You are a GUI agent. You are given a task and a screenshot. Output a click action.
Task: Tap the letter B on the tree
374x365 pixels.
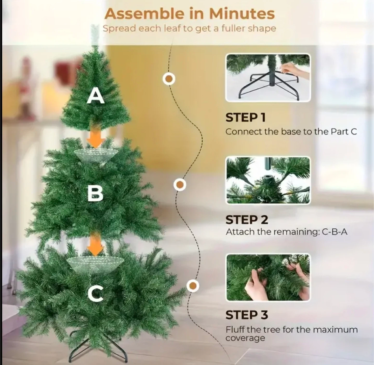pos(96,194)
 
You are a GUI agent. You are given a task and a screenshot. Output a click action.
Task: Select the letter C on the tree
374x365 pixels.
pos(96,293)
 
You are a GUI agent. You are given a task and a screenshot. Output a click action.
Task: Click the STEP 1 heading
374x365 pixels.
pos(245,118)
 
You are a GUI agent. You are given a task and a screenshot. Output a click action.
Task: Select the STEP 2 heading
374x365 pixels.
pos(246,220)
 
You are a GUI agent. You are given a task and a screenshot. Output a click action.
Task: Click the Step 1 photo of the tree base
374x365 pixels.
pos(268,78)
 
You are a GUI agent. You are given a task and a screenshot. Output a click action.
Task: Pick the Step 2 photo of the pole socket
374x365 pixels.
pos(268,180)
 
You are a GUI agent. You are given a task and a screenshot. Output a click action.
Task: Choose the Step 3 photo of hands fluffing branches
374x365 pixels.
pos(268,277)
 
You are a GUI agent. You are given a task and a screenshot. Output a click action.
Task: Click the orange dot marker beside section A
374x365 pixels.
pos(169,79)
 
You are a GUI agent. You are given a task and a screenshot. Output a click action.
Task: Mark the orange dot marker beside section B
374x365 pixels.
pos(180,184)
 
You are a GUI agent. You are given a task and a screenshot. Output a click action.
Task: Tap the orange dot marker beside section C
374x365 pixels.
pos(193,286)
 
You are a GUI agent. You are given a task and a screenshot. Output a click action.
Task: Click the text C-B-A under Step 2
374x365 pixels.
pos(335,232)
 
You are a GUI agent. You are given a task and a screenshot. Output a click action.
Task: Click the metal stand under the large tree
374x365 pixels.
pos(98,348)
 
